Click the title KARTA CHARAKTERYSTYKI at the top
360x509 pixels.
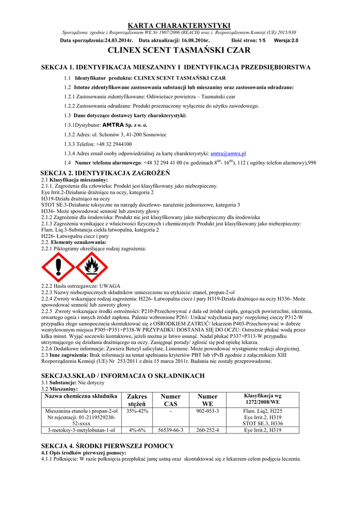point(180,25)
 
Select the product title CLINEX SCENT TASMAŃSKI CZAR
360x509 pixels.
point(180,50)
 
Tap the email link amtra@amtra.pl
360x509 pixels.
point(228,154)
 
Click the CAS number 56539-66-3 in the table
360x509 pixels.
point(171,430)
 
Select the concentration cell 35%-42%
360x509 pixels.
point(137,411)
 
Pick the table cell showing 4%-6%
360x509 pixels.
point(137,430)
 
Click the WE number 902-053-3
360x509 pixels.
point(207,411)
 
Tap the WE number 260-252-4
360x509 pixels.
point(207,430)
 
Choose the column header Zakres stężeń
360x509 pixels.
point(137,400)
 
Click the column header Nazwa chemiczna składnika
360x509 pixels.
point(81,396)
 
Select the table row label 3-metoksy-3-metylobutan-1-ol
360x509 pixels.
point(81,430)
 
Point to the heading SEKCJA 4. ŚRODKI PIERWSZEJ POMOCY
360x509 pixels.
point(107,446)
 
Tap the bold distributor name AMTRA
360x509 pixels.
point(112,125)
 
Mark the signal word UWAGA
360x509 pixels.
point(110,286)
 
